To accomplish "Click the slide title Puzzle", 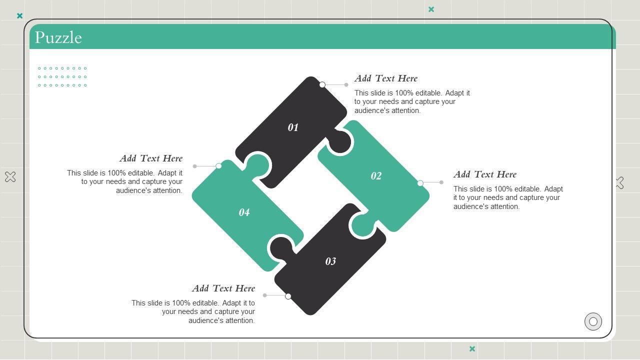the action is pos(58,37).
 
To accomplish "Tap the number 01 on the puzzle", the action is pos(293,127).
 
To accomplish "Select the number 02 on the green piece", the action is pos(376,175).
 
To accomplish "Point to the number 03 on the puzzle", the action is pos(330,261).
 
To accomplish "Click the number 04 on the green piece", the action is pos(244,212).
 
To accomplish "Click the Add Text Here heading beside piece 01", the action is pos(386,78).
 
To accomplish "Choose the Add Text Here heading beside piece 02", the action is pos(485,174).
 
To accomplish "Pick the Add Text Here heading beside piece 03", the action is pos(223,288).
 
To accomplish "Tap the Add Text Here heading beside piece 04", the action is pos(151,158).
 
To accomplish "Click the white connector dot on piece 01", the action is pos(322,84).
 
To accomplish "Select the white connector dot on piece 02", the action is pos(420,183).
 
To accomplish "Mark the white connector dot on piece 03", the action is pos(288,296).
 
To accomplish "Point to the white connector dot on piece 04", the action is pos(218,166).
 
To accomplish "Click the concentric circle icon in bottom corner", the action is pos(593,321).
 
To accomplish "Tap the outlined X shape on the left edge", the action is pos(10,177).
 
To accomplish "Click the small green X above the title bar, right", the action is pos(431,9).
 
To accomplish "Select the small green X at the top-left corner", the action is pos(19,15).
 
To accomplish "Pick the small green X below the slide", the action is pos(472,348).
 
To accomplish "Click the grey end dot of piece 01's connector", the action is pos(346,84).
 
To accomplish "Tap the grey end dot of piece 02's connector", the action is pos(441,182).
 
